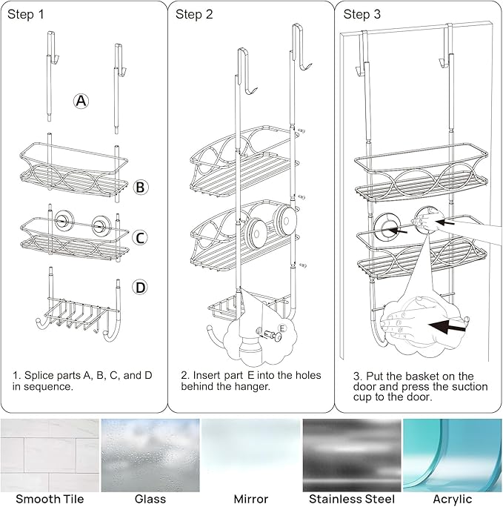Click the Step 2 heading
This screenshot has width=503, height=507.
coord(194,15)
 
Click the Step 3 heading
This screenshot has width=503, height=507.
coord(362,15)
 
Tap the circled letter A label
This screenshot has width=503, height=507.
coord(81,102)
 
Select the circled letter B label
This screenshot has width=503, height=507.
coord(141,188)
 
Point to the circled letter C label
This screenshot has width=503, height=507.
coord(141,238)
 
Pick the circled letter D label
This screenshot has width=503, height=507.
coord(141,286)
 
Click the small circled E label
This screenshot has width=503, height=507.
coord(282,328)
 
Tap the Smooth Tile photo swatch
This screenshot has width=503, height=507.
coord(49,455)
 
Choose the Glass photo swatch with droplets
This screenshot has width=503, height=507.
coord(150,455)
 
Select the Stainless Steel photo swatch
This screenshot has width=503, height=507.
coord(351,455)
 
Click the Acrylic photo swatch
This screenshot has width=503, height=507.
coord(453,455)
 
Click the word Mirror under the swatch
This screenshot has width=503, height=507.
coord(250,500)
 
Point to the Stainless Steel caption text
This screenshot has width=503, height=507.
coord(351,500)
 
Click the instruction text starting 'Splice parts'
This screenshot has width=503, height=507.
coord(82,381)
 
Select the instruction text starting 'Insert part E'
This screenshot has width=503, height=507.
coord(250,381)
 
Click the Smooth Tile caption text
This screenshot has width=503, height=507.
coord(49,500)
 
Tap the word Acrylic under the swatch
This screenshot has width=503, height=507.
coord(453,500)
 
